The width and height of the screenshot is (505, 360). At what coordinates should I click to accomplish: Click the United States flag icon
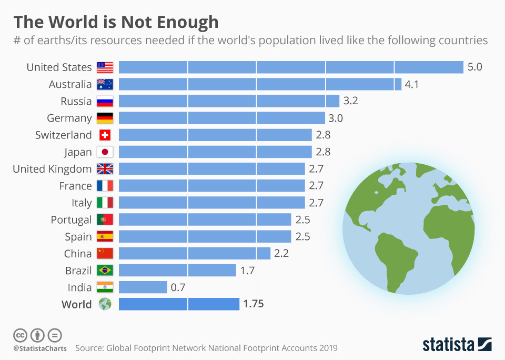tap(105, 67)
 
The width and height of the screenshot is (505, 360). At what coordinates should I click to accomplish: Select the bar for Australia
tap(256, 84)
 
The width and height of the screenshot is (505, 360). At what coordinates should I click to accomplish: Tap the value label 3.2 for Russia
tap(351, 101)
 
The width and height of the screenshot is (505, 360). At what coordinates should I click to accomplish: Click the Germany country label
tap(69, 118)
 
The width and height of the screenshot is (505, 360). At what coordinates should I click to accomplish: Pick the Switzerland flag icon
tap(105, 135)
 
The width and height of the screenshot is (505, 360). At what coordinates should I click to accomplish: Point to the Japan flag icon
tap(105, 152)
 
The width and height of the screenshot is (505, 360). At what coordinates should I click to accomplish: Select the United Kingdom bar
tap(211, 169)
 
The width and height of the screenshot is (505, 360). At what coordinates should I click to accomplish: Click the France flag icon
tap(105, 186)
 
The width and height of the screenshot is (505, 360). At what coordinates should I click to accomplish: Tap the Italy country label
tap(82, 203)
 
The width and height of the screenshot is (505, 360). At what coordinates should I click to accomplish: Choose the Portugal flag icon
tap(105, 219)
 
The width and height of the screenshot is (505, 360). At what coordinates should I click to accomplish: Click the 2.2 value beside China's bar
tap(281, 254)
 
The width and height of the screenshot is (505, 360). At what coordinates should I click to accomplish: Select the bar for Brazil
tap(177, 271)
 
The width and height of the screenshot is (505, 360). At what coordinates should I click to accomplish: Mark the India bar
tap(143, 287)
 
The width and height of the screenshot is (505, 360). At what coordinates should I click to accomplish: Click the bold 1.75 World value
tap(253, 304)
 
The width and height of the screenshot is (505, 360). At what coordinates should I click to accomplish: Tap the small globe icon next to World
tap(105, 304)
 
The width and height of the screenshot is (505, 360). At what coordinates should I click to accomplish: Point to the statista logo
tap(456, 345)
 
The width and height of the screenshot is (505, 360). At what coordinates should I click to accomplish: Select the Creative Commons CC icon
tap(20, 335)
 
